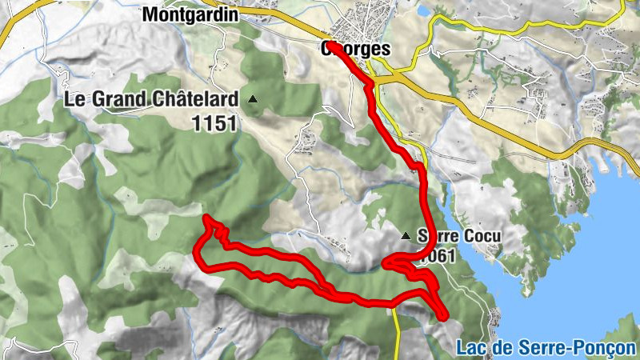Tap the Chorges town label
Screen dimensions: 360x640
356,50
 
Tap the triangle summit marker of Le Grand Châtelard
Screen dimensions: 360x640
253,99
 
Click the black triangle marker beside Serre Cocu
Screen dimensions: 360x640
406,235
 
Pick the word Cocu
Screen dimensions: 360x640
482,237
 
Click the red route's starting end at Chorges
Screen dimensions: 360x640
330,44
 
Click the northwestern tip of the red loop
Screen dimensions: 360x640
206,218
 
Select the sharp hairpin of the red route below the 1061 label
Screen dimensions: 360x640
386,262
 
